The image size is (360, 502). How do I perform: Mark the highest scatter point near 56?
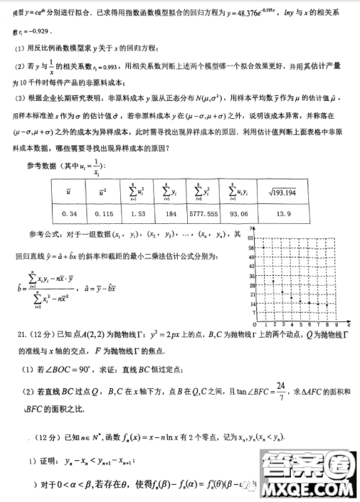[x=263, y=247]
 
